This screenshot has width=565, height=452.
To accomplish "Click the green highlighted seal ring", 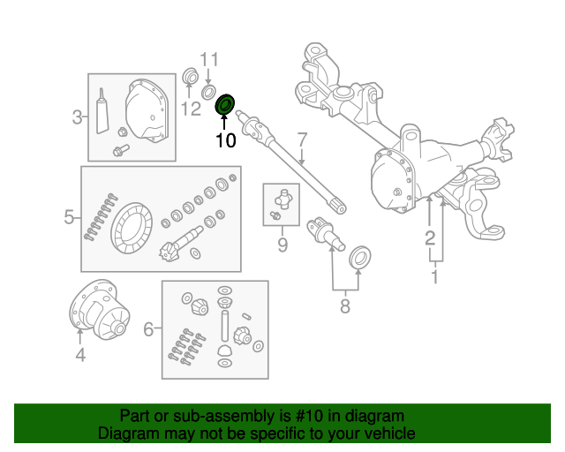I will [x=226, y=105].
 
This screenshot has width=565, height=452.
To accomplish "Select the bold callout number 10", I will [x=226, y=139].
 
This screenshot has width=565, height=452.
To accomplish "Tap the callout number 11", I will [x=207, y=60].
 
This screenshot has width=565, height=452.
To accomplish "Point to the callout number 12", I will [x=191, y=109].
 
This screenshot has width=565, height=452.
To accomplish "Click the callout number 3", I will [x=78, y=117].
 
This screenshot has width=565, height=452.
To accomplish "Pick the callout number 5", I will [x=69, y=216].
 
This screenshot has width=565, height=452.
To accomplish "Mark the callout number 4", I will [x=79, y=356].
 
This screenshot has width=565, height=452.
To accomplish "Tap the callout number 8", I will [x=344, y=306].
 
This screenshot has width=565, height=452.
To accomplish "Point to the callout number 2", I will [x=429, y=237].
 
